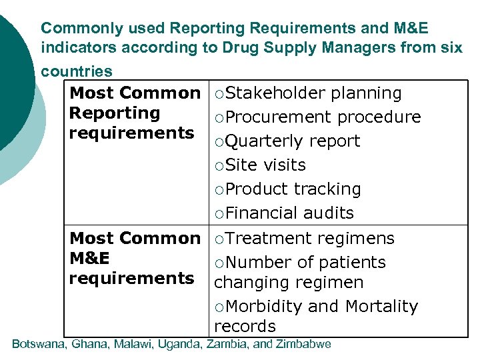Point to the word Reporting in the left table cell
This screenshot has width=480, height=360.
point(115,113)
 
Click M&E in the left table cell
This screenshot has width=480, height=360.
point(89,258)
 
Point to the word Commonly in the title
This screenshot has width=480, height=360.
point(73,29)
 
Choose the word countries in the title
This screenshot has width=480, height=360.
point(77,71)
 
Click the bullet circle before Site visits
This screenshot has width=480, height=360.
point(219,165)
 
